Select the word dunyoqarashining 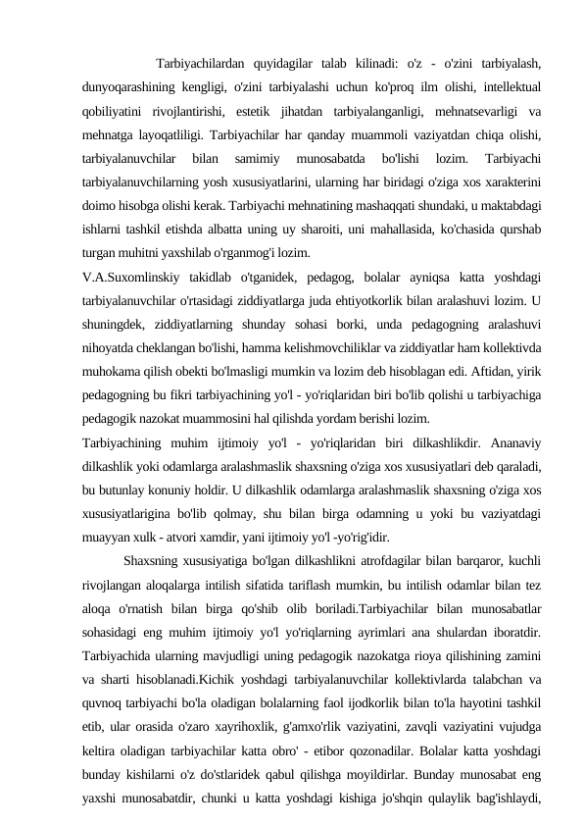[132, 88]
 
